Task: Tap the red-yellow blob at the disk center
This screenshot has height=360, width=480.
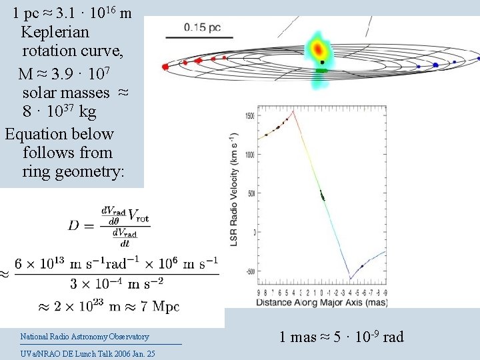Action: click(x=319, y=50)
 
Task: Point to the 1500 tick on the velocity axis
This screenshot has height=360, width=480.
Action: click(x=249, y=115)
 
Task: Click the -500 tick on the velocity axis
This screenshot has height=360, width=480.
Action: click(x=249, y=272)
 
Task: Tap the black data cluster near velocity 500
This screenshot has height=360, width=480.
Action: click(x=323, y=195)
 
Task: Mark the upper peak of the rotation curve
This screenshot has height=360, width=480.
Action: click(x=295, y=111)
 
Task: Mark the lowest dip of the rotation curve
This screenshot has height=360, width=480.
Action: click(x=349, y=279)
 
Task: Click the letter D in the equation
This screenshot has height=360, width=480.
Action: click(x=73, y=225)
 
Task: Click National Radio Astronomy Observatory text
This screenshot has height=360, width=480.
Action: click(x=85, y=337)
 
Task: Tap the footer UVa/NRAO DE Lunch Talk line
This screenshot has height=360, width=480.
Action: click(x=87, y=353)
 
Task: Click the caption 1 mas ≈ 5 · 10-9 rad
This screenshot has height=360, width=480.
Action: click(x=341, y=337)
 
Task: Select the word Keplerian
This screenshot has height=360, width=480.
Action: click(x=55, y=32)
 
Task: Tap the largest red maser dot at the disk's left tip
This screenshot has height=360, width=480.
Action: click(x=165, y=67)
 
